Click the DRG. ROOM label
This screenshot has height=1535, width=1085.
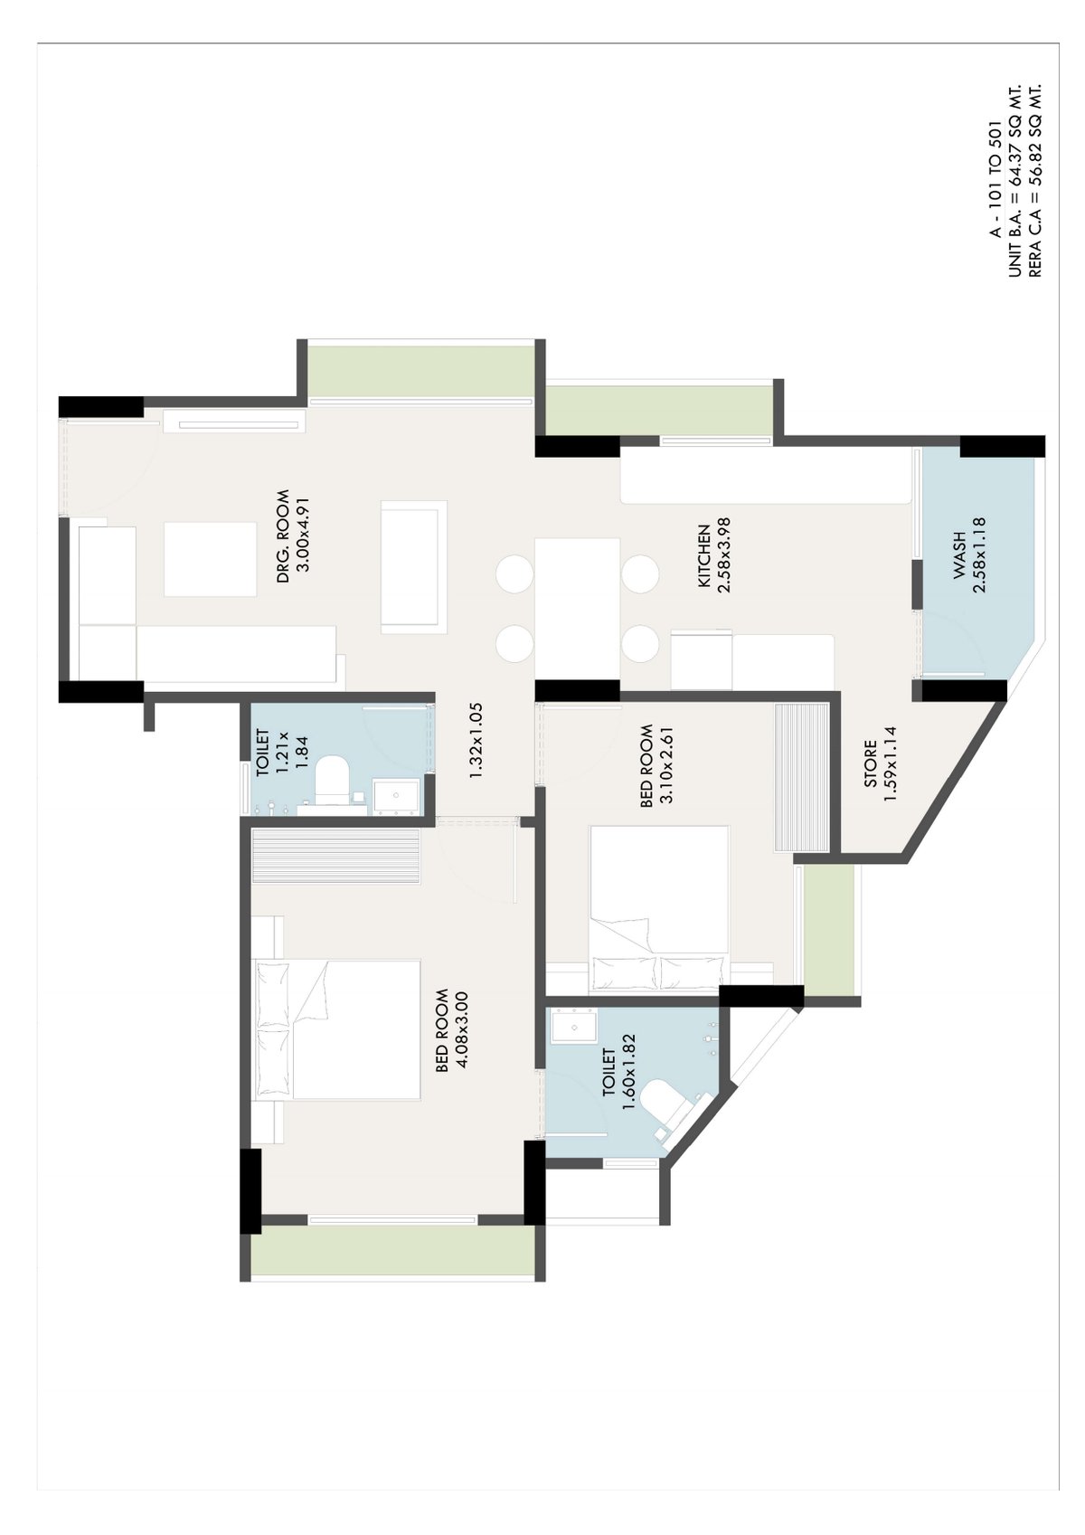click(283, 535)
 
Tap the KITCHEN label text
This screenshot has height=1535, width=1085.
click(703, 555)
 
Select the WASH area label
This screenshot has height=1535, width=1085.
click(959, 555)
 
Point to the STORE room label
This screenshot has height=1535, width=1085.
click(870, 763)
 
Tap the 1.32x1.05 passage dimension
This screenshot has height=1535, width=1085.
click(476, 740)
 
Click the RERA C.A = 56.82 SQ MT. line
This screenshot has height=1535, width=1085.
click(1035, 180)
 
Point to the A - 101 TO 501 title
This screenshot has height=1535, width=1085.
click(996, 179)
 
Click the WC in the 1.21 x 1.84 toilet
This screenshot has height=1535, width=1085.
click(332, 780)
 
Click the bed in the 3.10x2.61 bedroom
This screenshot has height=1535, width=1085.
click(659, 907)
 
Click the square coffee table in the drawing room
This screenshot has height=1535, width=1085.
click(211, 559)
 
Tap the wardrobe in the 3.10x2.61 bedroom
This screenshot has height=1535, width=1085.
click(801, 777)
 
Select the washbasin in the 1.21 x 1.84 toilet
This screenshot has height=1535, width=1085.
click(397, 795)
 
